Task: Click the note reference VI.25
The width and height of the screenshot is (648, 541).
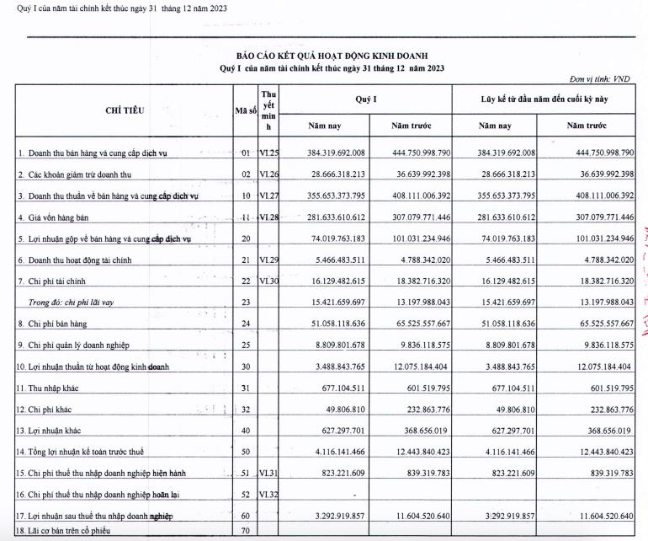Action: (x=268, y=153)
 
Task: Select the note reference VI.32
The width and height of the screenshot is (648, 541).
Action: (x=268, y=495)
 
